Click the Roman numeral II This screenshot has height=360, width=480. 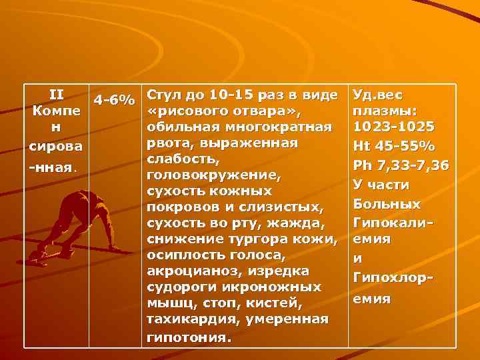coord(57,93)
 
